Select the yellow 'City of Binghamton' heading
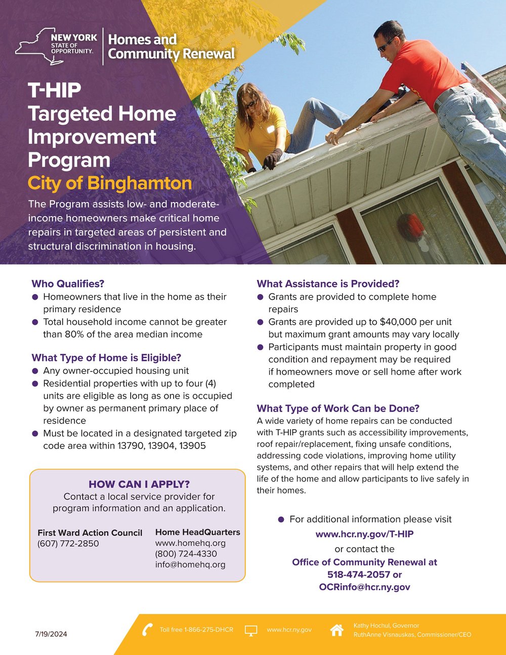tap(110, 183)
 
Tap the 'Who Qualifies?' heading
tap(68, 283)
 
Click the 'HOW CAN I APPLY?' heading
tap(139, 484)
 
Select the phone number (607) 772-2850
tap(68, 544)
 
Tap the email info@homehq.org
tap(190, 564)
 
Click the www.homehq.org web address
tap(190, 543)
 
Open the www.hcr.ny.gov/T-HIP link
tap(364, 534)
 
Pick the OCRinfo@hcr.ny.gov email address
tap(364, 587)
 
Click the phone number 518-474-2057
tap(358, 575)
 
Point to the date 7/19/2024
tap(51, 634)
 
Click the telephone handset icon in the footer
tap(147, 630)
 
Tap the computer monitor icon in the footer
tap(251, 630)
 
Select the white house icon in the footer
tap(336, 630)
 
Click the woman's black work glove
tap(272, 158)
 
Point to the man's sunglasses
tap(386, 47)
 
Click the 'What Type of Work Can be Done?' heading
tap(338, 408)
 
